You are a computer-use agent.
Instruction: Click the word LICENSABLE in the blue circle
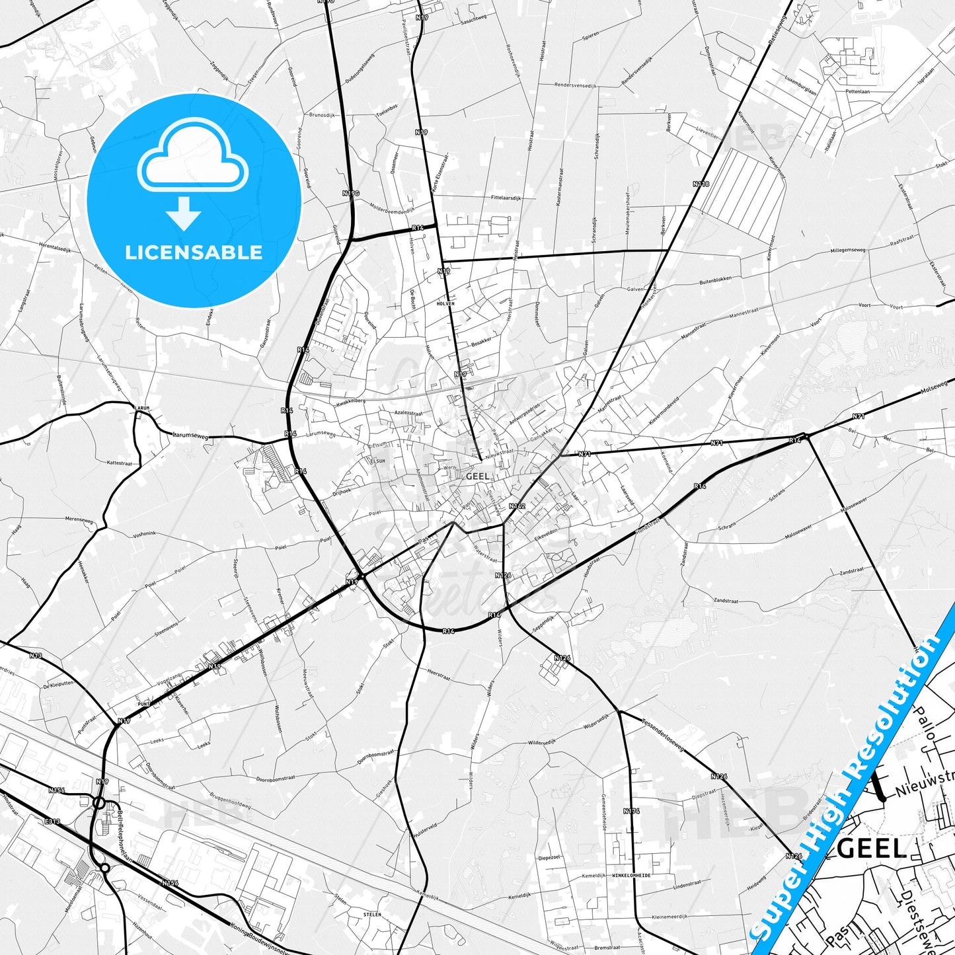tap(194, 252)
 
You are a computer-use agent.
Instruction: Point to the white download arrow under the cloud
tap(184, 214)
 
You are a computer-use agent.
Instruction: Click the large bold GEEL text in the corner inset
tap(872, 849)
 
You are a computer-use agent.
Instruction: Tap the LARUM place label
tap(141, 408)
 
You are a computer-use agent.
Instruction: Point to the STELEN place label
tap(373, 915)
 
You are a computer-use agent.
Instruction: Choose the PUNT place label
tap(143, 704)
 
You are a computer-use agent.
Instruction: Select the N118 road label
tap(701, 184)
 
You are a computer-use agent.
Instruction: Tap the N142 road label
tap(517, 506)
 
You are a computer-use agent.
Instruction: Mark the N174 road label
tap(631, 810)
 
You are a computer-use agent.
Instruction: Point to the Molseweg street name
tap(939, 386)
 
